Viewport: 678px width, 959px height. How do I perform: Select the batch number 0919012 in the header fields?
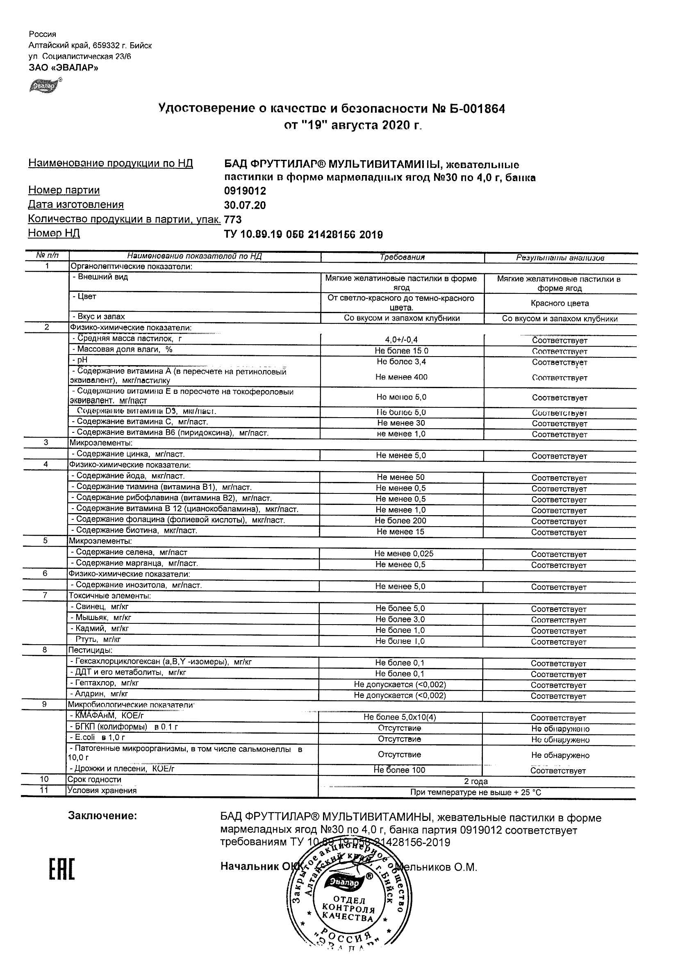[245, 191]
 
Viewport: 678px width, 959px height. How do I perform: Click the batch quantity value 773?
[233, 219]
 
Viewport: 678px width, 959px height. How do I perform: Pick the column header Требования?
[402, 257]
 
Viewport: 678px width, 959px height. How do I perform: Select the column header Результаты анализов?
[560, 258]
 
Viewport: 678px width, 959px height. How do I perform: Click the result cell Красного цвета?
[560, 303]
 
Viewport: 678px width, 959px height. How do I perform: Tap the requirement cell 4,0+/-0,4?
[401, 340]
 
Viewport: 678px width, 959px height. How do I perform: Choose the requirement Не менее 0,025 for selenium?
[403, 554]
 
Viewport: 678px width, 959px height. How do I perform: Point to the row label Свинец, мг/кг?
[99, 607]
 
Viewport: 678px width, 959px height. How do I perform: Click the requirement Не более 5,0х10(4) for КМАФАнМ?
[400, 717]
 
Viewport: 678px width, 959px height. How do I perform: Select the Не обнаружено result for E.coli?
[560, 740]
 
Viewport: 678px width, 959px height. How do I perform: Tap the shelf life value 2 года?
[476, 782]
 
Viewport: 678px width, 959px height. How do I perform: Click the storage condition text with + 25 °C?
[476, 792]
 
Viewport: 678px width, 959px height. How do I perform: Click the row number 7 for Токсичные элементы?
[45, 595]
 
